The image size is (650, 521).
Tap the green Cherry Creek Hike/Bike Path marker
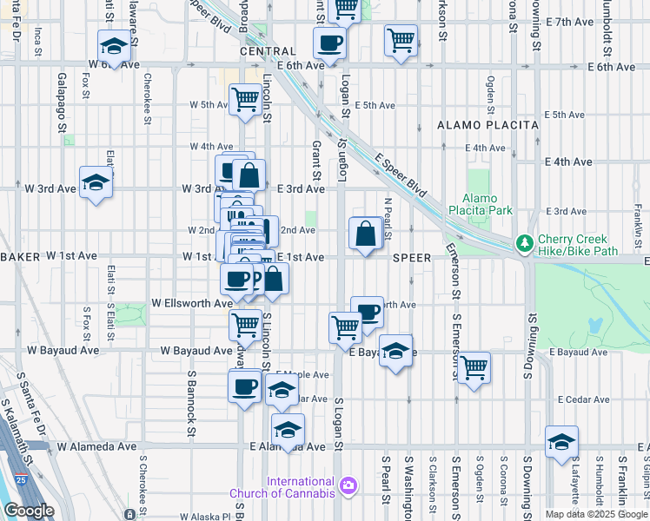click(x=524, y=242)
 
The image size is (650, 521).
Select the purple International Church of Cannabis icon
click(x=349, y=484)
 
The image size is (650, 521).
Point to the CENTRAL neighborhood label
click(x=262, y=51)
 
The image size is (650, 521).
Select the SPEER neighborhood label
click(x=411, y=258)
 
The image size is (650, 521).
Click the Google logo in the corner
click(x=29, y=510)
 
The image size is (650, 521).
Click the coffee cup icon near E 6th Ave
click(x=329, y=43)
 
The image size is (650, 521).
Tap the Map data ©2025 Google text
click(x=596, y=514)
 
